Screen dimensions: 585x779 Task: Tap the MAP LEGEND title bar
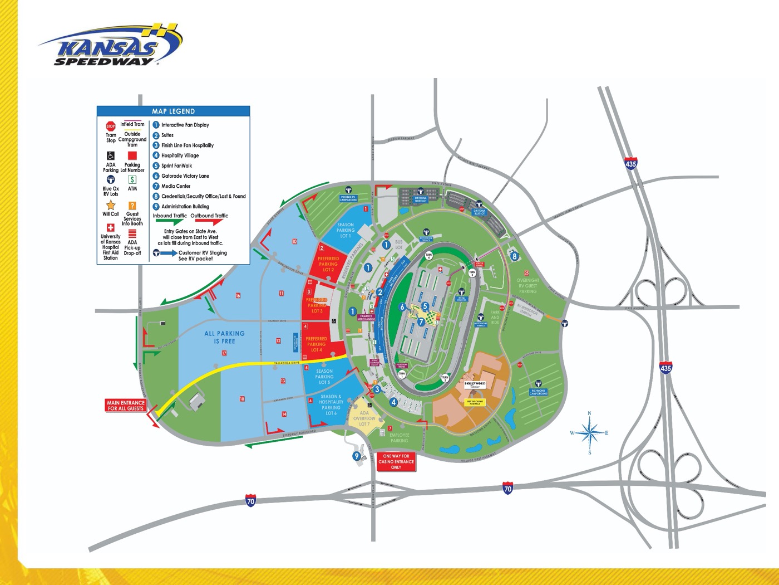coord(173,111)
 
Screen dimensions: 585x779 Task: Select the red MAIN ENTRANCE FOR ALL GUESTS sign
coord(126,406)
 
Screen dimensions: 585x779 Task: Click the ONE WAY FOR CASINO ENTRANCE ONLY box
coord(396,462)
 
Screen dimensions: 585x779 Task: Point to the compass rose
coord(590,432)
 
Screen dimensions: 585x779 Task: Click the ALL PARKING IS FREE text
coord(224,337)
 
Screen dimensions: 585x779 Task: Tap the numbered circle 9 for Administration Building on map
coord(357,456)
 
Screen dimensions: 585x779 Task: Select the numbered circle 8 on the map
coord(515,256)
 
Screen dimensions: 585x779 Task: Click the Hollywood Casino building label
coord(475,384)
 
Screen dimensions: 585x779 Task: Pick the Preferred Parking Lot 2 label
coord(328,264)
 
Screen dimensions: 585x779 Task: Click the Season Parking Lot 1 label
coord(345,230)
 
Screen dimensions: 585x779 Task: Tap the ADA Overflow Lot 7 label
coord(364,418)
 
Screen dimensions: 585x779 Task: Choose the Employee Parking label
coord(399,438)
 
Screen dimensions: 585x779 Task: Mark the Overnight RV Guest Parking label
coord(527,285)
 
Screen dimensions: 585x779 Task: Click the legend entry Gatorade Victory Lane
coord(185,176)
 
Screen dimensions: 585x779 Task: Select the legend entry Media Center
coord(176,186)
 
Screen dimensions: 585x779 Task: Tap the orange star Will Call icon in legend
coord(111,205)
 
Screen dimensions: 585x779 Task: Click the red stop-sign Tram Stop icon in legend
coord(111,126)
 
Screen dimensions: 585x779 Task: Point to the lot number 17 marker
coord(224,353)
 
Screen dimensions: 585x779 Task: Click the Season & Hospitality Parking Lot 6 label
coord(331,405)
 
